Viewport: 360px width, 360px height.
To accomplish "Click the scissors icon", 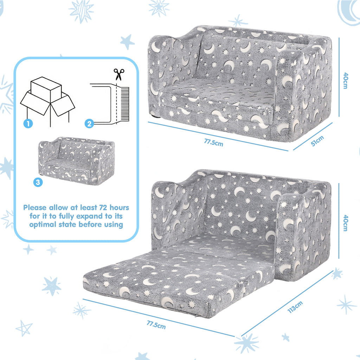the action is coord(119,74).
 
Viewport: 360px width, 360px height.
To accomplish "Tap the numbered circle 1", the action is coord(28,124).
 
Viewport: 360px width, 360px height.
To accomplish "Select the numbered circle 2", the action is coord(89,124).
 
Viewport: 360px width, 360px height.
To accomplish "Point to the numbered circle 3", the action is coord(38,182).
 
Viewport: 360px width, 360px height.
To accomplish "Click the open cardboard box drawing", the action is coord(48,101).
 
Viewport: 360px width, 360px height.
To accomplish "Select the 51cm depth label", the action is coord(317,141).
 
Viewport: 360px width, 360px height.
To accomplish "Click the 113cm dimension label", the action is coord(295,307).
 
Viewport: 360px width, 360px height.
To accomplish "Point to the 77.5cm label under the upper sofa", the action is coord(213,143).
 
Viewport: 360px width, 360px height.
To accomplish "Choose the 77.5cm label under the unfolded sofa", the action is coord(156,325).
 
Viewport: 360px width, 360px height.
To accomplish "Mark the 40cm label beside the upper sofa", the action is coord(346,81).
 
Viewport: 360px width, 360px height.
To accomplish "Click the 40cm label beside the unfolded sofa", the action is coord(346,223).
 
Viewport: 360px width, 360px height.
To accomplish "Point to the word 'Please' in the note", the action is coord(35,208).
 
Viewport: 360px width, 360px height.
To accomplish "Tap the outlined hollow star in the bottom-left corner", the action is coord(24,328).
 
